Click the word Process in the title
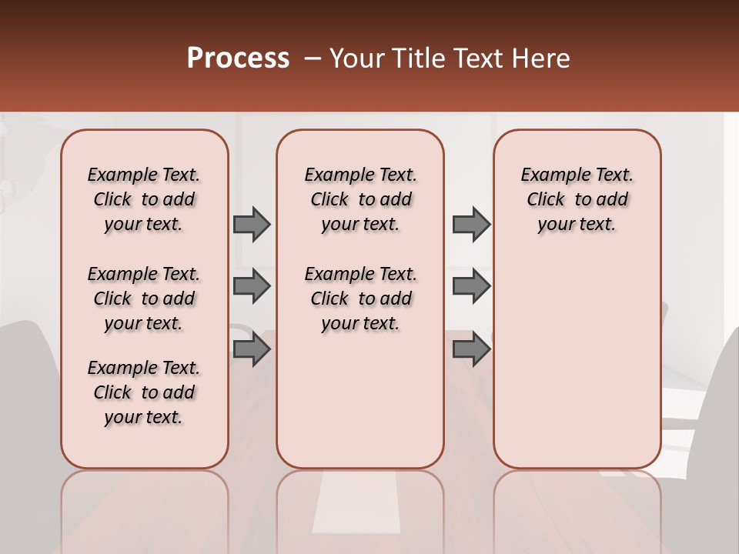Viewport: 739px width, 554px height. (x=238, y=58)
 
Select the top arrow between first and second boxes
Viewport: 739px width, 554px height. (x=251, y=224)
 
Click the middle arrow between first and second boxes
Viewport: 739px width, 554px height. (x=251, y=286)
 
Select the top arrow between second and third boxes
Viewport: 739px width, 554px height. (x=470, y=224)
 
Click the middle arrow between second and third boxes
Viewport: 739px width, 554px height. (x=470, y=286)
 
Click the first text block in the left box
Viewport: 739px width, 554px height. (x=143, y=199)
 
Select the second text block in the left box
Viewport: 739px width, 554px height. (x=143, y=299)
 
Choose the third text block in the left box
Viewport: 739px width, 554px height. (x=143, y=392)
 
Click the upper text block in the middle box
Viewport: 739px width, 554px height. (x=360, y=199)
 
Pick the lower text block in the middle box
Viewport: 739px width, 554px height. (x=360, y=299)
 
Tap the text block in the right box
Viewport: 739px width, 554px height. (x=577, y=199)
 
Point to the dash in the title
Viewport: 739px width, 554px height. (x=312, y=58)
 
